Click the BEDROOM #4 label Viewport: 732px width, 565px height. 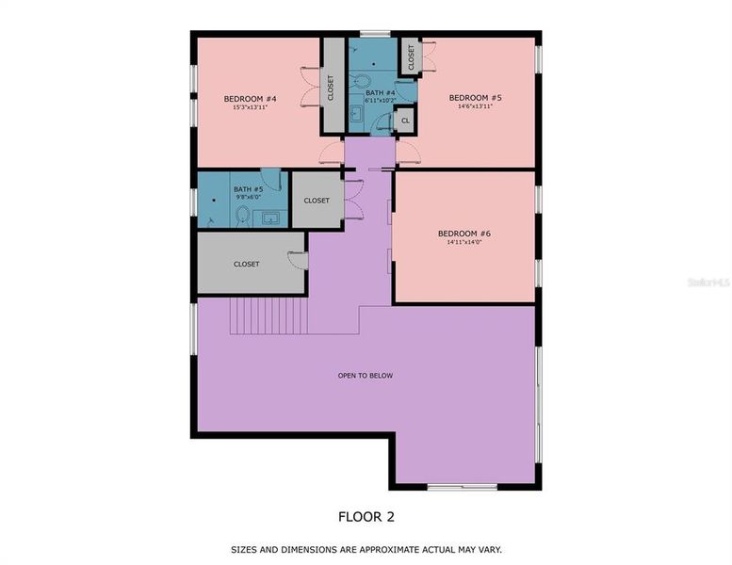point(249,99)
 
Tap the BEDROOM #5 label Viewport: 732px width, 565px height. point(475,98)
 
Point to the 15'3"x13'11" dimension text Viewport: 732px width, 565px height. point(249,107)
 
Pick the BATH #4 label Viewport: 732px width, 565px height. point(379,92)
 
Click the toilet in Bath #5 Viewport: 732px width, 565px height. point(242,217)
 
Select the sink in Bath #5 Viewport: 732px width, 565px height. point(270,218)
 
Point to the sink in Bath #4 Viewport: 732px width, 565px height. point(357,115)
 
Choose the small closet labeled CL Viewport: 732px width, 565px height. point(405,121)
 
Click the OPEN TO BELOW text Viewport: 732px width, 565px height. point(366,376)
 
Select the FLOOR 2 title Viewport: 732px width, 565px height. point(366,516)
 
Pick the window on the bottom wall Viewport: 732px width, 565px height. point(462,487)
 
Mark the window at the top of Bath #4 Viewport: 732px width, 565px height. point(375,35)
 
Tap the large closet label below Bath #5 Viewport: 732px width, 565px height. point(246,264)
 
